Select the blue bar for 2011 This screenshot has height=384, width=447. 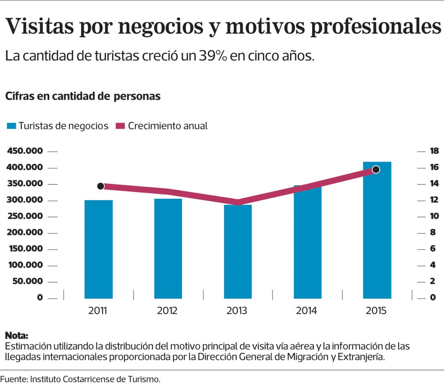click(99, 249)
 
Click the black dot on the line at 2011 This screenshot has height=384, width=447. click(100, 186)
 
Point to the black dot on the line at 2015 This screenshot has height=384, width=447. click(376, 170)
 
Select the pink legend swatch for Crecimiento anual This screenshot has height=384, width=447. click(120, 126)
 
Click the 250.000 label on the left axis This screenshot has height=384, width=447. click(25, 216)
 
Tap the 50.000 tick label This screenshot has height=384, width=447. click(27, 281)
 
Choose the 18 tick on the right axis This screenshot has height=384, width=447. click(434, 151)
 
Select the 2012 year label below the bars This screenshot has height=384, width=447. click(167, 311)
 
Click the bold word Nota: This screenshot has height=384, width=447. click(16, 336)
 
